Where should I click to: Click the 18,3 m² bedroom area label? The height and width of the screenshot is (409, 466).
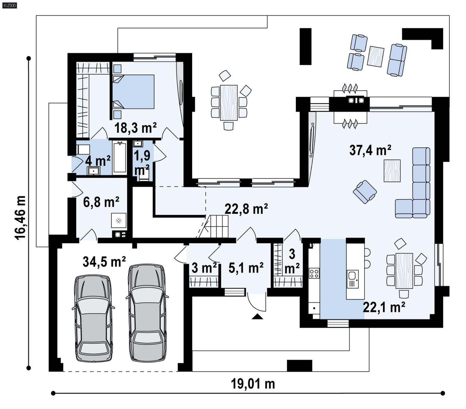[135, 128]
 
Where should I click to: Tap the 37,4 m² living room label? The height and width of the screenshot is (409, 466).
[370, 150]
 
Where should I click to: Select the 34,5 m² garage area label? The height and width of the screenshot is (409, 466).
[104, 262]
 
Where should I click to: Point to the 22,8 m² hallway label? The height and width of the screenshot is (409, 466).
[246, 209]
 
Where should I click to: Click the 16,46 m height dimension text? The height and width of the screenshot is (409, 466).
[21, 217]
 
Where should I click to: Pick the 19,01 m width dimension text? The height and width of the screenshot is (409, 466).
[253, 384]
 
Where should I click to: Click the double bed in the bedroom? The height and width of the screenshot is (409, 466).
[133, 92]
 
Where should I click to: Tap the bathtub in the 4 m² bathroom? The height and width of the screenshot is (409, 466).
[119, 157]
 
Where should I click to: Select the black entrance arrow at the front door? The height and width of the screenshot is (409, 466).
[257, 317]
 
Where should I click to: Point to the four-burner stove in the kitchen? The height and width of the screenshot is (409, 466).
[314, 273]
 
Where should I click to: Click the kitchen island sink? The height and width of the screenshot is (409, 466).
[352, 275]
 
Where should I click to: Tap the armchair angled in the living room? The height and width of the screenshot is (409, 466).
[365, 192]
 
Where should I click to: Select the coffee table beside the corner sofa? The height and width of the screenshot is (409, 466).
[392, 171]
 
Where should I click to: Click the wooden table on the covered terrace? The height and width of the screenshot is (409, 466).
[229, 102]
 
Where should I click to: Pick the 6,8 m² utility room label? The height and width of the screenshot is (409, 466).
[101, 202]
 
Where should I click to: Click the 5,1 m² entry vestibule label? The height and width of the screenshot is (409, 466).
[246, 268]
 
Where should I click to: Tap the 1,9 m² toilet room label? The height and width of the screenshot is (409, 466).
[142, 163]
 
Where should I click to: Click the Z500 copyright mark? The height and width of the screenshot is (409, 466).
[9, 5]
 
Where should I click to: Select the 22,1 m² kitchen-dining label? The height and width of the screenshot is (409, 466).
[384, 307]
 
